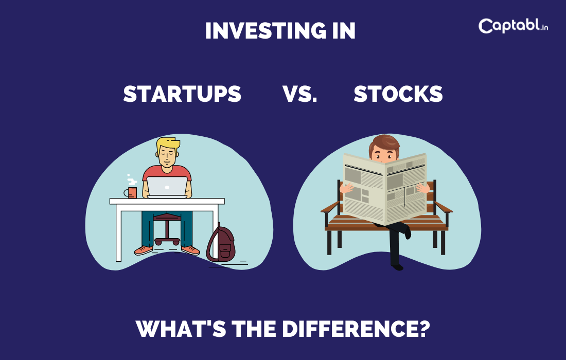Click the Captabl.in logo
click(513, 26)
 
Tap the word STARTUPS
click(182, 94)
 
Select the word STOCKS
click(398, 94)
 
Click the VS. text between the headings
click(299, 94)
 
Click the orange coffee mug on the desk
click(132, 192)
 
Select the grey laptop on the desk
click(167, 187)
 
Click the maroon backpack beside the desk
click(221, 245)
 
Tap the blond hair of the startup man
click(168, 144)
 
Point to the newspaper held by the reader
click(385, 188)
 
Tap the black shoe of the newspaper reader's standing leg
click(397, 267)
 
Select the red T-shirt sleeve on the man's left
click(148, 173)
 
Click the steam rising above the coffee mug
click(132, 180)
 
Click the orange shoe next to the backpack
click(191, 250)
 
